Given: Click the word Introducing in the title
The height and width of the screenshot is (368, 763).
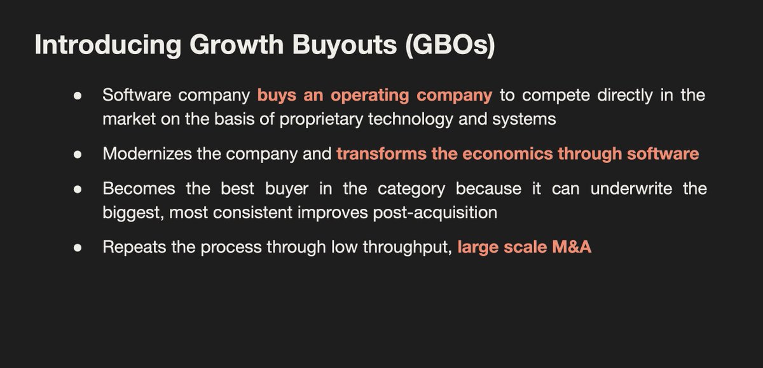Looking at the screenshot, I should (x=97, y=46).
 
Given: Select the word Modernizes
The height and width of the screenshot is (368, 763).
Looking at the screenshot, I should (x=146, y=153).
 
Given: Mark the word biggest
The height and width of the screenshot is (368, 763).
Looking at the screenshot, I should (x=127, y=212).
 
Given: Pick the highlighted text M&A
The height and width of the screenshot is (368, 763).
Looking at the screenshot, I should (x=572, y=247).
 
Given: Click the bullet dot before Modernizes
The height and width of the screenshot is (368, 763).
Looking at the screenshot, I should (x=78, y=154).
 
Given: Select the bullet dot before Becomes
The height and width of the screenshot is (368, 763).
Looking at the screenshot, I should (x=78, y=190).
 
